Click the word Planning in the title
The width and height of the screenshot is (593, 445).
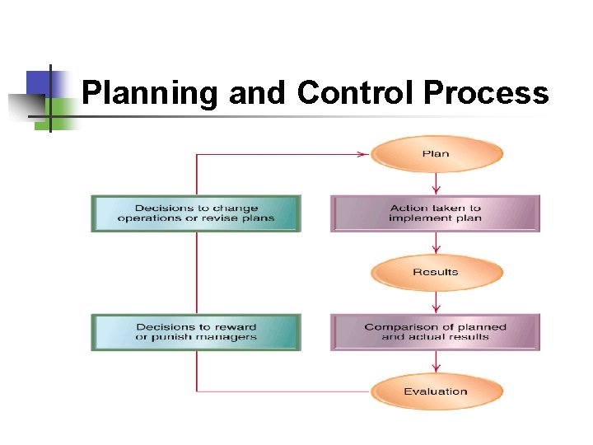tap(151, 93)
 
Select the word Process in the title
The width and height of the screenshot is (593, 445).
tap(485, 93)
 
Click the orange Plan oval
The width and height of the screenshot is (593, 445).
tap(436, 154)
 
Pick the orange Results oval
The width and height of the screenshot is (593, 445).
tap(436, 273)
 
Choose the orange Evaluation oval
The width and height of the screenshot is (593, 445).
tap(436, 391)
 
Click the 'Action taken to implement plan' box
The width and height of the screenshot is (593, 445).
tap(435, 213)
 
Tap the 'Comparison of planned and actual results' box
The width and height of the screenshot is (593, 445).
tap(435, 332)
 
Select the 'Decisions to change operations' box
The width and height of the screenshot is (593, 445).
tap(196, 213)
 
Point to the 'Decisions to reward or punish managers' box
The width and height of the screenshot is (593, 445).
tap(196, 332)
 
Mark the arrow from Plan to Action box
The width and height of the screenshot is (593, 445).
tap(436, 183)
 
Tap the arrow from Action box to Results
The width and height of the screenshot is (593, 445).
tap(436, 244)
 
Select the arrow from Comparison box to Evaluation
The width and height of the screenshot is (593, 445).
tap(436, 363)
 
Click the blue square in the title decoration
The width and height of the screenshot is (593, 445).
tap(40, 83)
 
